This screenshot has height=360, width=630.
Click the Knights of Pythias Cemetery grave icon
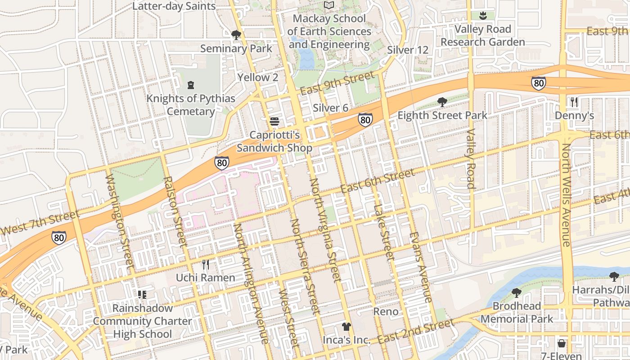tap(191, 85)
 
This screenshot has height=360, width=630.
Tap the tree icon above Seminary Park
tap(236, 35)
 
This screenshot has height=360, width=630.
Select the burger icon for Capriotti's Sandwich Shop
tap(274, 121)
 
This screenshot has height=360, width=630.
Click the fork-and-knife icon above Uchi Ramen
tap(206, 264)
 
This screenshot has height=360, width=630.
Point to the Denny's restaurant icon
tap(574, 102)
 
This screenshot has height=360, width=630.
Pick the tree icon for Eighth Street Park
tap(442, 102)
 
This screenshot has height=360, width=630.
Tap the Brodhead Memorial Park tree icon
tap(517, 293)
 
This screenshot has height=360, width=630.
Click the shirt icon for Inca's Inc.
tap(346, 327)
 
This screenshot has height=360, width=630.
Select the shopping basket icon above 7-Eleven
tap(562, 343)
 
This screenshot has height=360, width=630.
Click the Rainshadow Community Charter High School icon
tap(142, 295)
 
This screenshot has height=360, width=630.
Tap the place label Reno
tap(386, 311)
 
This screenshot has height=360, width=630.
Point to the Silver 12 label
tap(407, 49)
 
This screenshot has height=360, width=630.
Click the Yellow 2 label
tap(258, 77)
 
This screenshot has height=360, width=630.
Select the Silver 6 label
tap(331, 108)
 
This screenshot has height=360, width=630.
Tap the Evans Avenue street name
tap(421, 267)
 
